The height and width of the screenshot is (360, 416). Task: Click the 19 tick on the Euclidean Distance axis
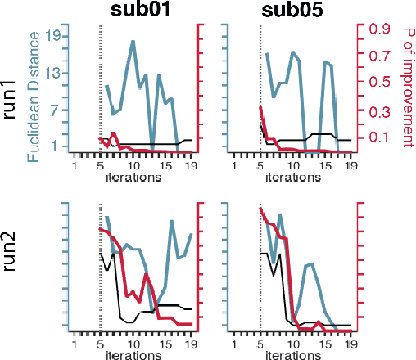(x=50, y=36)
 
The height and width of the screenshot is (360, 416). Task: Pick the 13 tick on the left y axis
(x=50, y=73)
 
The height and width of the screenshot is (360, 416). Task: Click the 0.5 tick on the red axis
(x=378, y=82)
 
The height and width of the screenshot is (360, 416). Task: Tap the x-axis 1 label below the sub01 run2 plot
(x=74, y=344)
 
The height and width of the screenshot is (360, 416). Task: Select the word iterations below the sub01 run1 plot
(x=133, y=178)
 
